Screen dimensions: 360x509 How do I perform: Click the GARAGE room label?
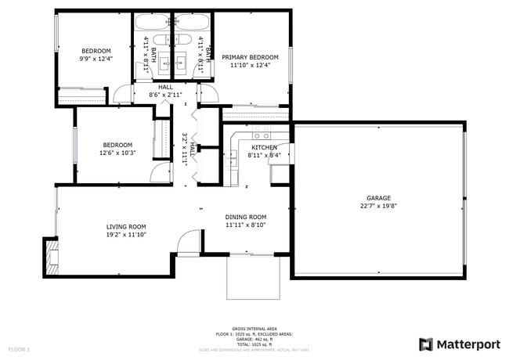point(378,198)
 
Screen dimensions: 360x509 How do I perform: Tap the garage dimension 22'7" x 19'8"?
point(378,207)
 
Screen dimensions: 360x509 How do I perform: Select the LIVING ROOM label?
point(126,226)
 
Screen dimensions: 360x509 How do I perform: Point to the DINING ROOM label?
point(246,217)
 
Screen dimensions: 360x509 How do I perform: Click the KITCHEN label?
point(264,147)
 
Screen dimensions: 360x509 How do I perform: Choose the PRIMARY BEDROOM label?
point(250,57)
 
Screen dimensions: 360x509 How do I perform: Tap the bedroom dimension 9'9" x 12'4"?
point(96,59)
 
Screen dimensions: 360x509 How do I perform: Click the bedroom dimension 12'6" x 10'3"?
point(117,153)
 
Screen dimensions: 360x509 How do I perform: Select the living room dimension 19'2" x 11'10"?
point(126,234)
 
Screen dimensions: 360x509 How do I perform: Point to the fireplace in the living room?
point(51,256)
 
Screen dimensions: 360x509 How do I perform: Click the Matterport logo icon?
point(426,344)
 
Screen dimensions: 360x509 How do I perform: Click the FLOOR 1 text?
point(19,348)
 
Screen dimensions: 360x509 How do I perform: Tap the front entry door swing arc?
point(188,244)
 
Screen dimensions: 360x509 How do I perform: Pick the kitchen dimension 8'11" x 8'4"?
point(264,155)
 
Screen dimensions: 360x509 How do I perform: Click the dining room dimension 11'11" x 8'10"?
point(246,225)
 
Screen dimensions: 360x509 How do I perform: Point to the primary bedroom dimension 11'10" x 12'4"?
point(250,66)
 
